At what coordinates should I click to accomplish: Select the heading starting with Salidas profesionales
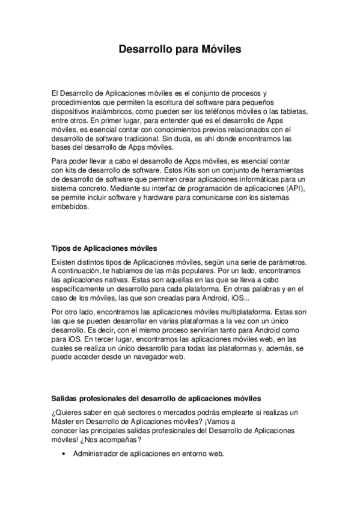pyautogui.click(x=156, y=398)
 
